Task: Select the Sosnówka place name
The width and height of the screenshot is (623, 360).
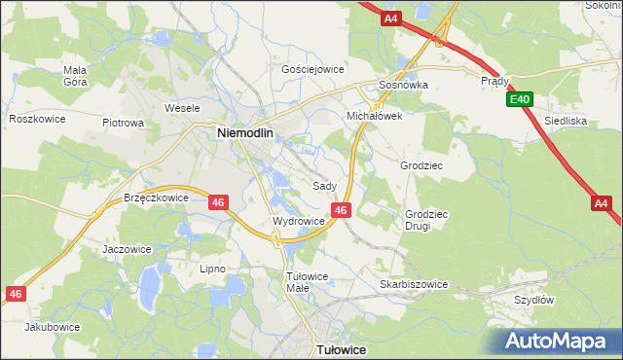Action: tap(403, 85)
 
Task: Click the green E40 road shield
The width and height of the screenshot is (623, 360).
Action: tap(519, 99)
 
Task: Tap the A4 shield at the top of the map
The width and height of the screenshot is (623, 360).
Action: tap(390, 18)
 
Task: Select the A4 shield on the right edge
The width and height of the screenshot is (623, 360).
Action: tap(602, 203)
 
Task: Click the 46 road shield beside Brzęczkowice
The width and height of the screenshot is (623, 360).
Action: tap(218, 202)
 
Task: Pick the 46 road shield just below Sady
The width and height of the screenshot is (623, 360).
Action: tap(341, 209)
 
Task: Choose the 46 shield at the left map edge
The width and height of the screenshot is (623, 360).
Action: tap(15, 293)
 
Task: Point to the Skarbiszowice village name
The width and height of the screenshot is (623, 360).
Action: tap(414, 284)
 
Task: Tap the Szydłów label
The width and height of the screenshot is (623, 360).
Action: tap(534, 300)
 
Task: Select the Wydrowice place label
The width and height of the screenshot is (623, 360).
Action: tap(298, 221)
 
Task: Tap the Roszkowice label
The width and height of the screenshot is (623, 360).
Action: tap(36, 119)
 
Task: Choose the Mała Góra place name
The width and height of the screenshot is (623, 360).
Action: tap(75, 76)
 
